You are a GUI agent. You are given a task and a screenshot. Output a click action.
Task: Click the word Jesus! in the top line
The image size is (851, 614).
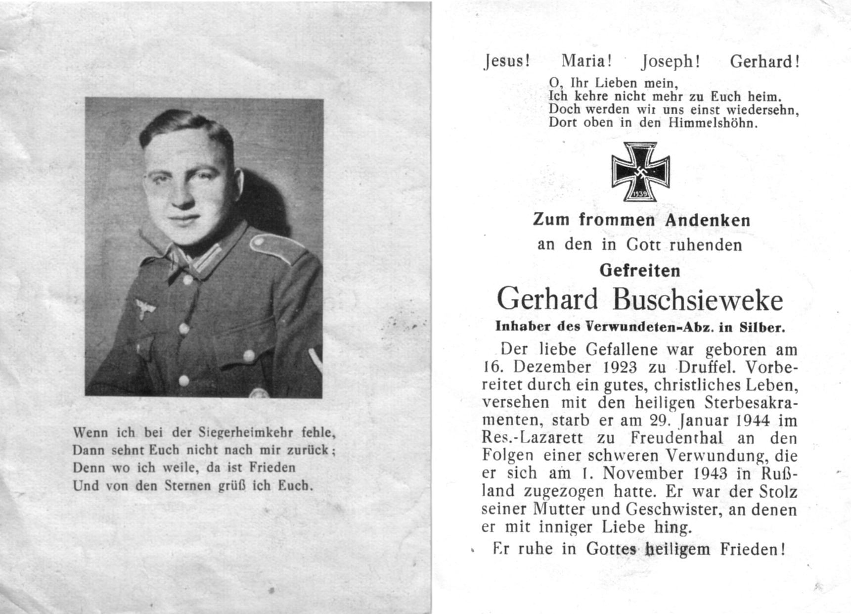tap(507, 61)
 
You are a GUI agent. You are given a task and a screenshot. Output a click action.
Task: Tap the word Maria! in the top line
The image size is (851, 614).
tap(586, 61)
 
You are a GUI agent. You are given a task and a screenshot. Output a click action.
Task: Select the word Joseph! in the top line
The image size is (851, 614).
tap(671, 62)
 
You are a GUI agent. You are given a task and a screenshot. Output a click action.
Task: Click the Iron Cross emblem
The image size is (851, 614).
tap(640, 171)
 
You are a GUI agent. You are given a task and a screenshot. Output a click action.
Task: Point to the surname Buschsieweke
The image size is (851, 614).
tap(698, 299)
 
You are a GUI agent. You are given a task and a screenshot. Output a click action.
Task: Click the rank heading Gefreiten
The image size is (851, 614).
tap(640, 271)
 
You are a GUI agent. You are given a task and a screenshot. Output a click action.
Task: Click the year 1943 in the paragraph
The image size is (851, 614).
tap(711, 473)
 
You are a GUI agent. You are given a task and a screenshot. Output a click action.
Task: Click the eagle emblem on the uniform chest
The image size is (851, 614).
tap(145, 308)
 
